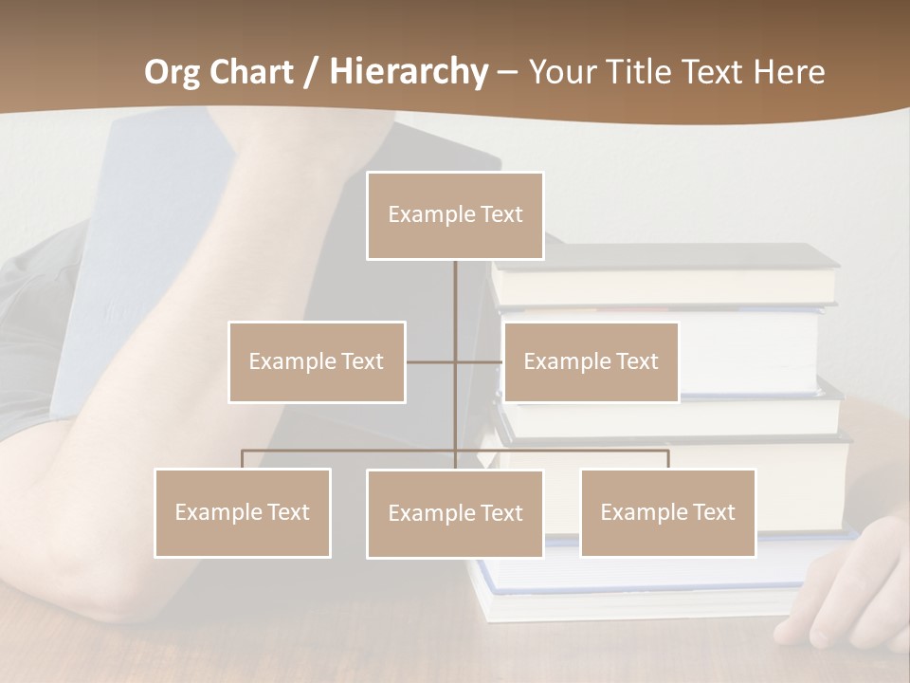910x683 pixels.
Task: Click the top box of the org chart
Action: tap(455, 215)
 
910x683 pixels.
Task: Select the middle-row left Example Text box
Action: tap(317, 361)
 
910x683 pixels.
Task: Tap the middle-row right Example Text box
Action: tap(591, 361)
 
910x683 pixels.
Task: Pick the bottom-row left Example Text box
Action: tap(243, 512)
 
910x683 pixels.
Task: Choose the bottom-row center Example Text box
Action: tap(455, 513)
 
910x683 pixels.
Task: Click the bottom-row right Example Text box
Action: tap(667, 512)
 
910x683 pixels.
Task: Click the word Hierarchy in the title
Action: tap(409, 72)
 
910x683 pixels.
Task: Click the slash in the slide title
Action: tap(311, 72)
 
